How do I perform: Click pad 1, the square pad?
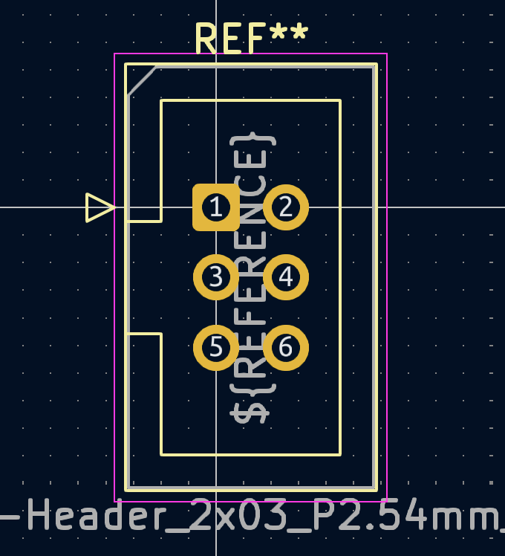pos(215,207)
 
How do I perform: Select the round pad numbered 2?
pos(286,207)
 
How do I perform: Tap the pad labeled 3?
pos(215,277)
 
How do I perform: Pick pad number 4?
pos(286,277)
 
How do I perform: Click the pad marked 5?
pos(215,347)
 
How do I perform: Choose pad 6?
pos(286,347)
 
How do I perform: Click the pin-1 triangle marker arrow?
pos(100,207)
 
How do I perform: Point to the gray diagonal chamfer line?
pos(142,80)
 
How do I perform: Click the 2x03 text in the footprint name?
pos(238,514)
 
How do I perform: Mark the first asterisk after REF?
pos(278,34)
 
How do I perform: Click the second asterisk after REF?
pos(299,34)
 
